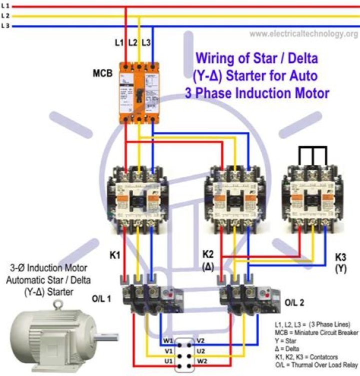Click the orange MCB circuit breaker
point(138,93)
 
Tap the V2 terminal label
point(200,342)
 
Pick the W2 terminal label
point(200,361)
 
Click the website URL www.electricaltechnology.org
point(303,34)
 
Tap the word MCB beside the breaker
point(103,73)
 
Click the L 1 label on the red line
point(5,5)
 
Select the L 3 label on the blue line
point(5,25)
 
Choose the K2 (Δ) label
point(208,260)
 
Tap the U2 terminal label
point(200,351)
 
